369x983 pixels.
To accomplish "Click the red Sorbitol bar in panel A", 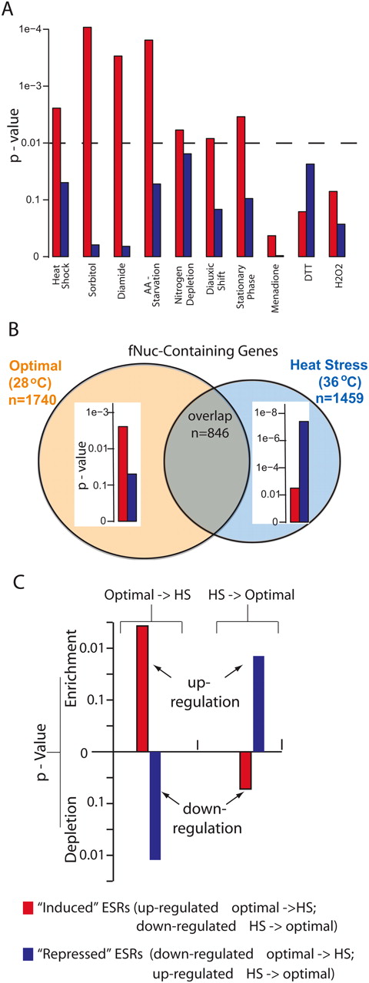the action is pyautogui.click(x=87, y=142).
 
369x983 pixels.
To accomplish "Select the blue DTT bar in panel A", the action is pyautogui.click(x=310, y=210).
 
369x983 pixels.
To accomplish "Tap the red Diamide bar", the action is pyautogui.click(x=118, y=156).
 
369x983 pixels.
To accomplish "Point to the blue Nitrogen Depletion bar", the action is pyautogui.click(x=187, y=205).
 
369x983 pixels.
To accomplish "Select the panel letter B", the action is pyautogui.click(x=13, y=330).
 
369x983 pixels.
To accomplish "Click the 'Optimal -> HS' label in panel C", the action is pyautogui.click(x=148, y=595).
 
